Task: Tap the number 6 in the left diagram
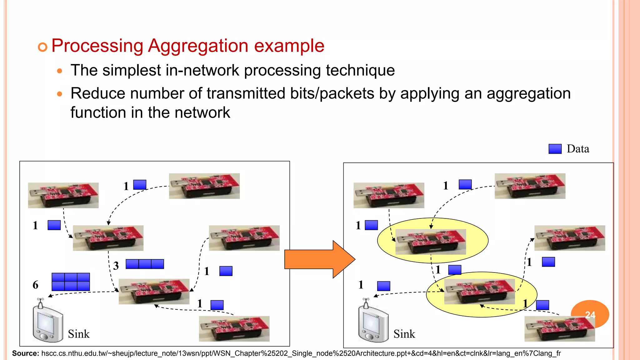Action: coord(36,285)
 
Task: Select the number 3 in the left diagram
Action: coord(116,266)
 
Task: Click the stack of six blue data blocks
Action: coord(71,282)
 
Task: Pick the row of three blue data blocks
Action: coord(145,264)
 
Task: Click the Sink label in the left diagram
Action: coord(79,334)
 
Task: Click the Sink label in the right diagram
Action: coord(404,334)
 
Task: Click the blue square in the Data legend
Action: coord(555,149)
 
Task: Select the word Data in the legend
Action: coord(578,149)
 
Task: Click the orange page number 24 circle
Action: coord(590,314)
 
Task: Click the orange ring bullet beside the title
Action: coord(42,47)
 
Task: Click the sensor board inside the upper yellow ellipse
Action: coord(431,242)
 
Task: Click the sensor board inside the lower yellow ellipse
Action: coord(479,292)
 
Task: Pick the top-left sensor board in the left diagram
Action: coord(63,195)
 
